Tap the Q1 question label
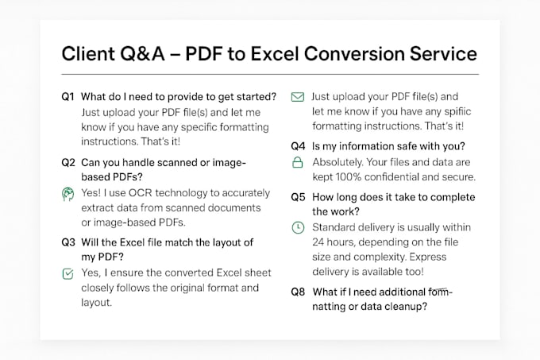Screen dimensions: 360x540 pyautogui.click(x=68, y=96)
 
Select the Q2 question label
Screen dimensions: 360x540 pyautogui.click(x=68, y=162)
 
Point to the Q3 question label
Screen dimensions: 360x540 pyautogui.click(x=68, y=242)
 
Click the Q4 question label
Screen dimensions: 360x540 pyautogui.click(x=298, y=146)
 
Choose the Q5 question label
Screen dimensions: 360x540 pyautogui.click(x=298, y=196)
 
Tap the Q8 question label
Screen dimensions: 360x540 pyautogui.click(x=298, y=292)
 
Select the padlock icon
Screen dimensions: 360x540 pyautogui.click(x=298, y=162)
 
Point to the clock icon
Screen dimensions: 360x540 pyautogui.click(x=298, y=227)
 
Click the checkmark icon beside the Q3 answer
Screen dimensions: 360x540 pyautogui.click(x=68, y=273)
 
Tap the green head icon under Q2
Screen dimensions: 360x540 pyautogui.click(x=68, y=192)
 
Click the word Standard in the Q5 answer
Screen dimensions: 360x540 pyautogui.click(x=337, y=227)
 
